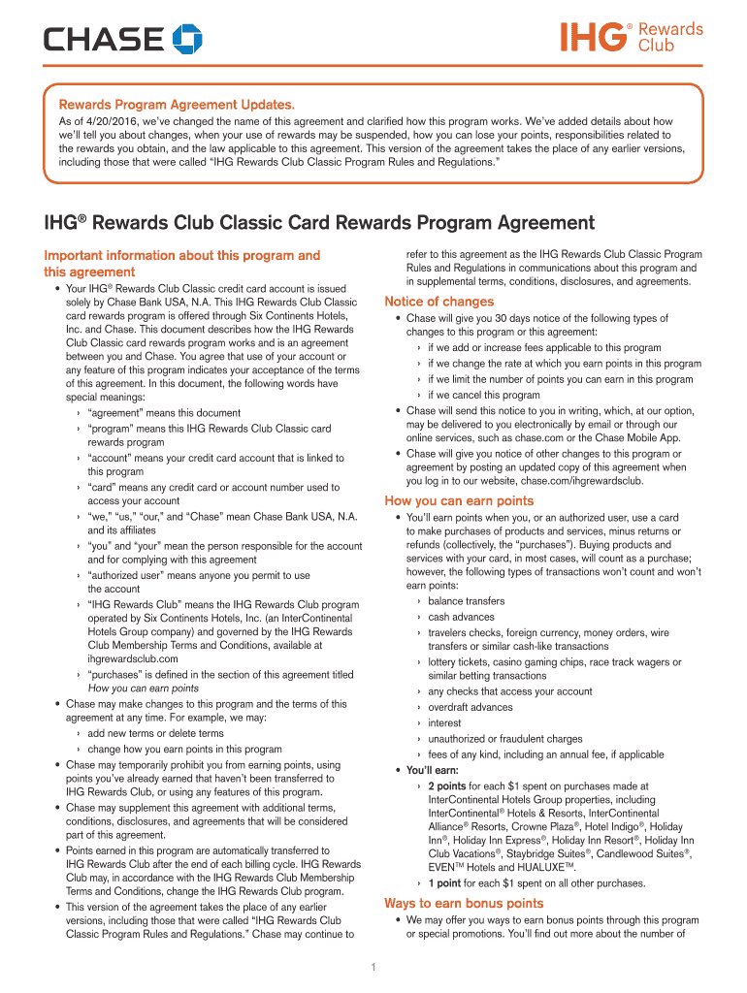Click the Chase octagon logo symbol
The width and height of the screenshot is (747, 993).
187,40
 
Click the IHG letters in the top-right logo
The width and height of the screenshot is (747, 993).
593,38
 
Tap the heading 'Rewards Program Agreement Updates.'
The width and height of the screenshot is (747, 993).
178,104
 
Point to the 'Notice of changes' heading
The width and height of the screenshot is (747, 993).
438,301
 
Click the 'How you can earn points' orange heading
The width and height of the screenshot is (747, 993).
459,500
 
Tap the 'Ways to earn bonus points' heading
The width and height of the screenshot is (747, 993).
464,903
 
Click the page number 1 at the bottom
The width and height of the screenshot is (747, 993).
373,966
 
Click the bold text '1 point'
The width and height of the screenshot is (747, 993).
444,883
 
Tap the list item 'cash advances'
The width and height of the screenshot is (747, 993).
461,617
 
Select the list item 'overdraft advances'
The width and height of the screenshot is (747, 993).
471,707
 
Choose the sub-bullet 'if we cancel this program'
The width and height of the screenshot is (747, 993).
484,395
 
